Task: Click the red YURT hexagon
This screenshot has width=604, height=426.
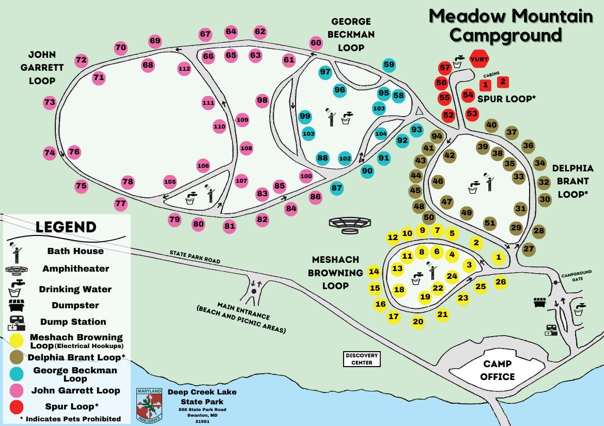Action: click(x=478, y=60)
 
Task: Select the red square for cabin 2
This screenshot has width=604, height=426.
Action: click(x=503, y=82)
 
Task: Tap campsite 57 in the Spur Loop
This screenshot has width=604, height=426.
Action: click(x=445, y=68)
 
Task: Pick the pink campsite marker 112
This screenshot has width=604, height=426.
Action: click(x=184, y=68)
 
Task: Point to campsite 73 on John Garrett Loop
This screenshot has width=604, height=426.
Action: click(x=50, y=102)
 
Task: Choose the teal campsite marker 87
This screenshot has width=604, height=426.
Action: click(x=337, y=188)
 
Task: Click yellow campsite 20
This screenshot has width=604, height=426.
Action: click(x=418, y=322)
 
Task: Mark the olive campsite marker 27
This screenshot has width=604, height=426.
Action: click(x=529, y=249)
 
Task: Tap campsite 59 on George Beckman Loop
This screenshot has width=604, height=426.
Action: click(x=389, y=65)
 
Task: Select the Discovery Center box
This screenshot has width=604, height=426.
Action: click(x=363, y=359)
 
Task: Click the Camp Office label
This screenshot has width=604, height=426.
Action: click(x=498, y=370)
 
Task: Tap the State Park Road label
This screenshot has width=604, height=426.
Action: click(x=195, y=257)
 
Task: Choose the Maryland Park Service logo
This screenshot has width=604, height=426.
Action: click(x=149, y=405)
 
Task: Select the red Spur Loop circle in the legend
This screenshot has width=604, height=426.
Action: click(x=17, y=406)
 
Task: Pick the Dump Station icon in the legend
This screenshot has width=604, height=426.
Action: click(x=17, y=322)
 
